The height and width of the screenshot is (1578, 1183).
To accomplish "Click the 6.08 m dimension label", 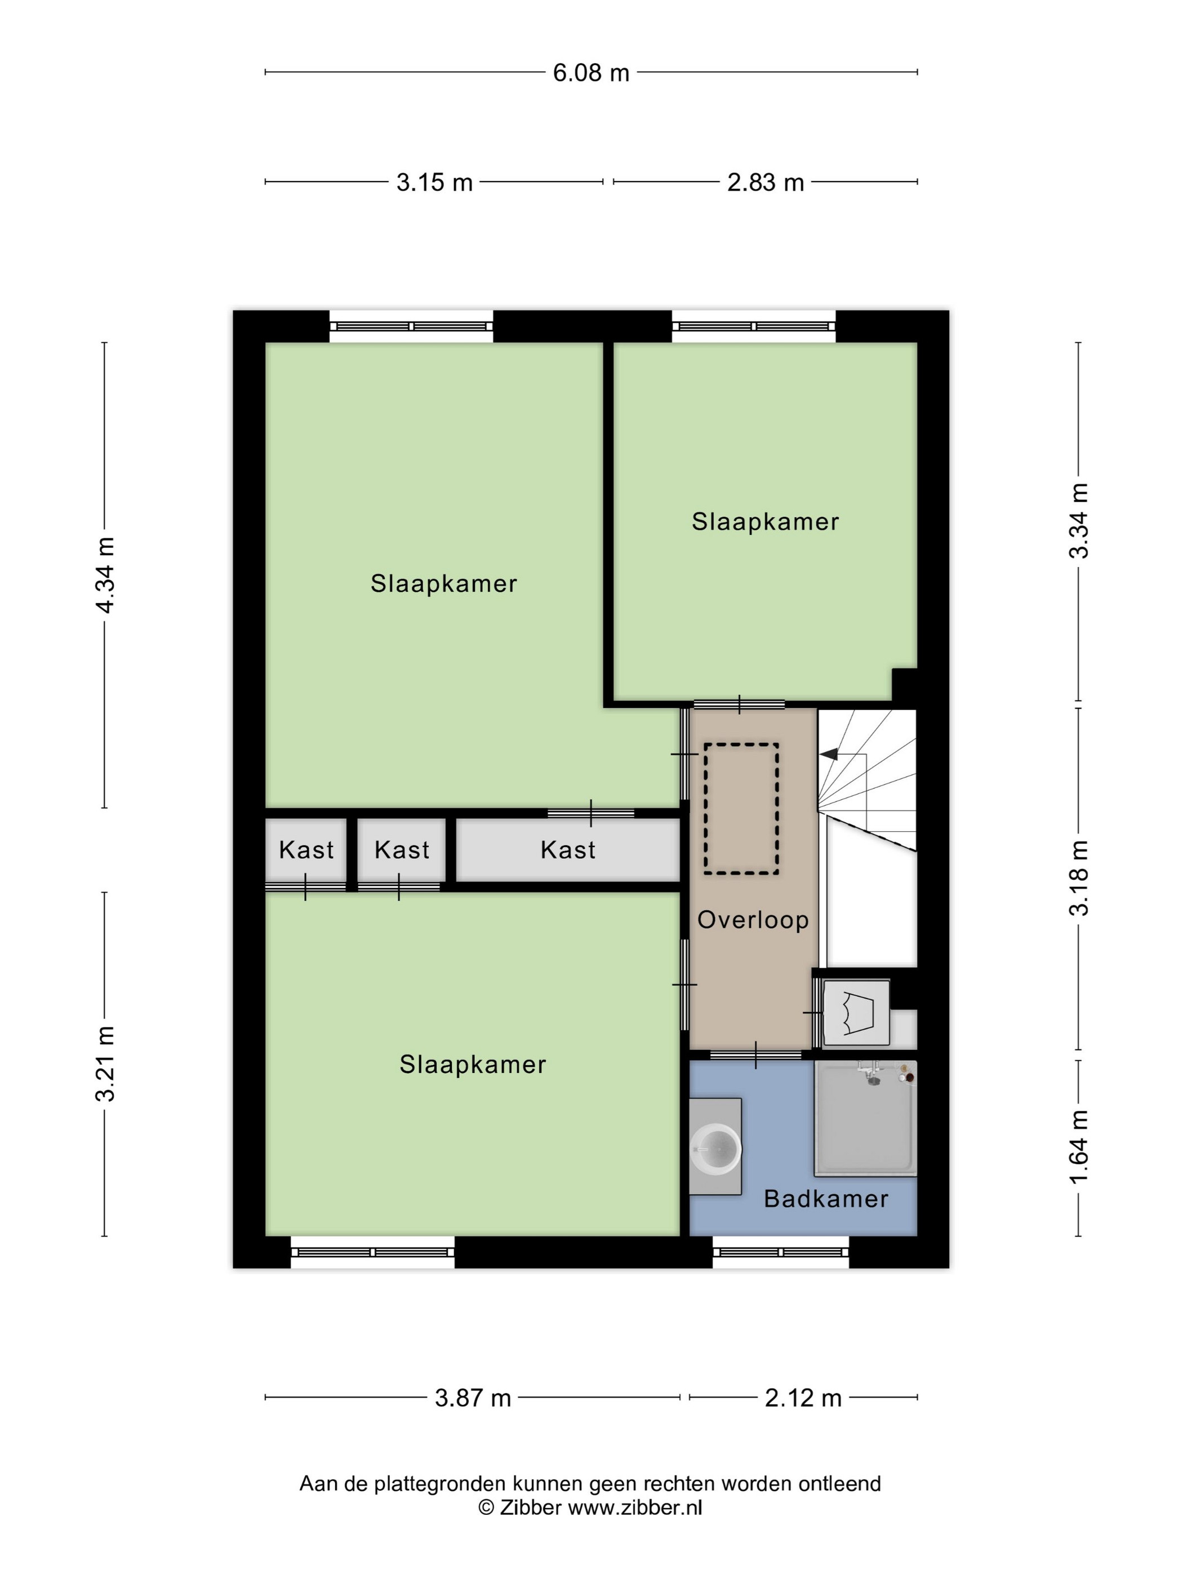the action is pos(591,73).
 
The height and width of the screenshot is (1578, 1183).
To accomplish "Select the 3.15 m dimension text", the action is pos(434,183).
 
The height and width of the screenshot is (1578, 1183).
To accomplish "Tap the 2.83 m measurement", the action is pos(765,183).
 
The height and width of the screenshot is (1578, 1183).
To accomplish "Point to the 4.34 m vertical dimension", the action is pos(105,575).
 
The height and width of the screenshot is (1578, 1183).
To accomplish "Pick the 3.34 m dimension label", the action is pos(1079,521).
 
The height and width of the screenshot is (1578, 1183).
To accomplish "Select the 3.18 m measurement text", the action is pos(1079,877).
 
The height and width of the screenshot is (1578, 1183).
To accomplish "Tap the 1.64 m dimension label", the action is pos(1079,1148).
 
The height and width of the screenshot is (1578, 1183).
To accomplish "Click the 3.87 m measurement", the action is pos(473,1398).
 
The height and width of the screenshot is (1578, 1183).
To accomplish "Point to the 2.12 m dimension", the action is pos(803,1398).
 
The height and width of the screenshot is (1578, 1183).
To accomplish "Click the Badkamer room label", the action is pos(826,1199).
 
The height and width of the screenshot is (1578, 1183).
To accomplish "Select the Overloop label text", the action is pos(753,920).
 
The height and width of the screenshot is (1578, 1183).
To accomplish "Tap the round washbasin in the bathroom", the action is pos(716,1149).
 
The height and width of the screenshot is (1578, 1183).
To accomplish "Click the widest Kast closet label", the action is pos(568,850).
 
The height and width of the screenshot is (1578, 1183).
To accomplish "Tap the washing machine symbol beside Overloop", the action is pos(856,1013).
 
